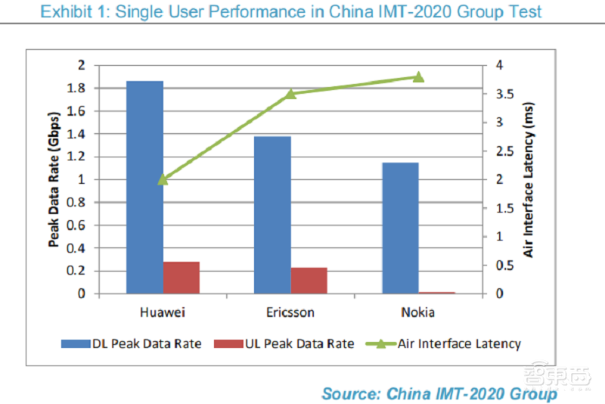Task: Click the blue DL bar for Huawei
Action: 144,187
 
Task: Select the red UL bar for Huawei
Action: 181,278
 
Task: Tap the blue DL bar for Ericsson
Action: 272,215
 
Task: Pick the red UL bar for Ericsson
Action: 309,280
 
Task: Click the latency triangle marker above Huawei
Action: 163,179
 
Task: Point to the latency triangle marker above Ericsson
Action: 290,94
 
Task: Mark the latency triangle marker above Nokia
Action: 418,76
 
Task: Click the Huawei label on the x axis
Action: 163,312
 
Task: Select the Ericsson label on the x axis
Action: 290,312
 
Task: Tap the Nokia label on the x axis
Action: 418,312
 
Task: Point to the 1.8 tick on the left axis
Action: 77,89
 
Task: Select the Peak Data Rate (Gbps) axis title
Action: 54,179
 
